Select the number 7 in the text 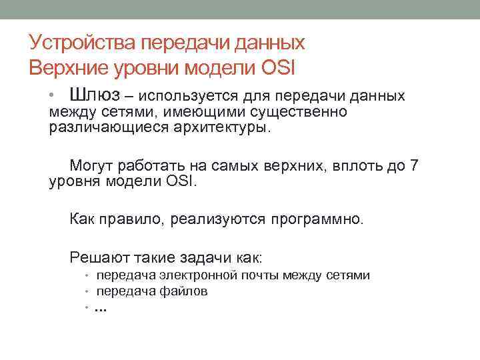tap(413, 165)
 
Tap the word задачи tap(215, 257)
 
